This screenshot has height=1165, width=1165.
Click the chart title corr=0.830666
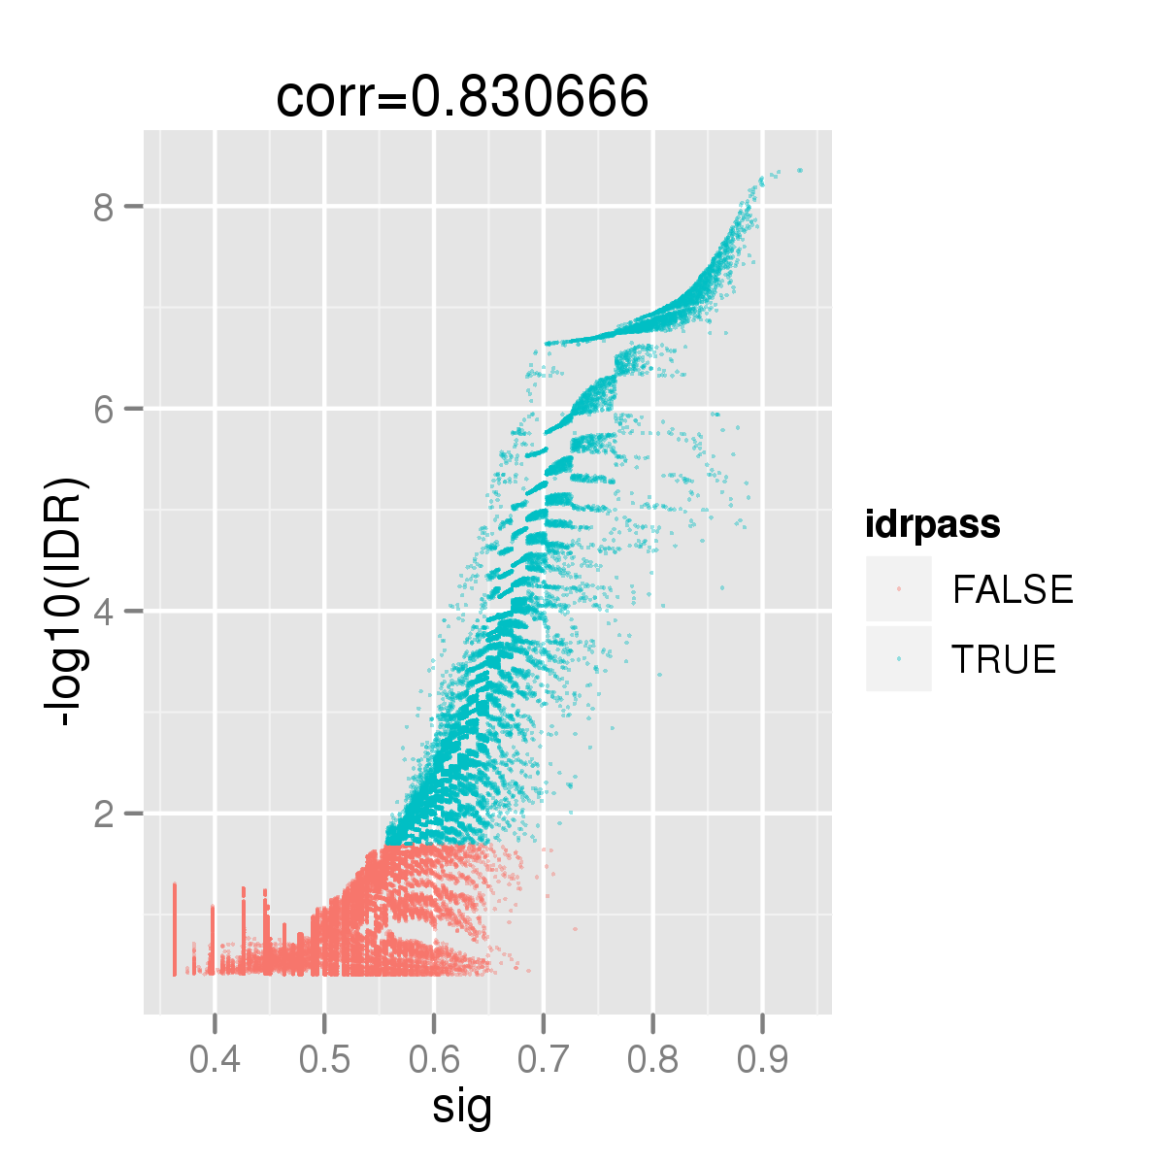(x=462, y=97)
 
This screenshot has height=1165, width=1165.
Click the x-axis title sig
(x=462, y=1108)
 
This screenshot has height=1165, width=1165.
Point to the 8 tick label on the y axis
(x=103, y=208)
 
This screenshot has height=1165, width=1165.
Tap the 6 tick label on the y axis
(x=103, y=410)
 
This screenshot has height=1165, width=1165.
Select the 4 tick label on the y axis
(x=103, y=612)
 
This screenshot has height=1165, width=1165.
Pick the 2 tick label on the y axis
(x=103, y=814)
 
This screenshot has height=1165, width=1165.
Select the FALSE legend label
(x=1013, y=589)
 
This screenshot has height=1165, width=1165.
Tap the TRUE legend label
(x=1004, y=658)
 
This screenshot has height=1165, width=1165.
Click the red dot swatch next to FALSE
(x=898, y=589)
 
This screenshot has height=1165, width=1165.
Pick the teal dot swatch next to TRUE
(x=898, y=658)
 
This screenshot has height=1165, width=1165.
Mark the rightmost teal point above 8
(x=800, y=171)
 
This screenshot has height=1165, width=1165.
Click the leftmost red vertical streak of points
(x=175, y=929)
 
